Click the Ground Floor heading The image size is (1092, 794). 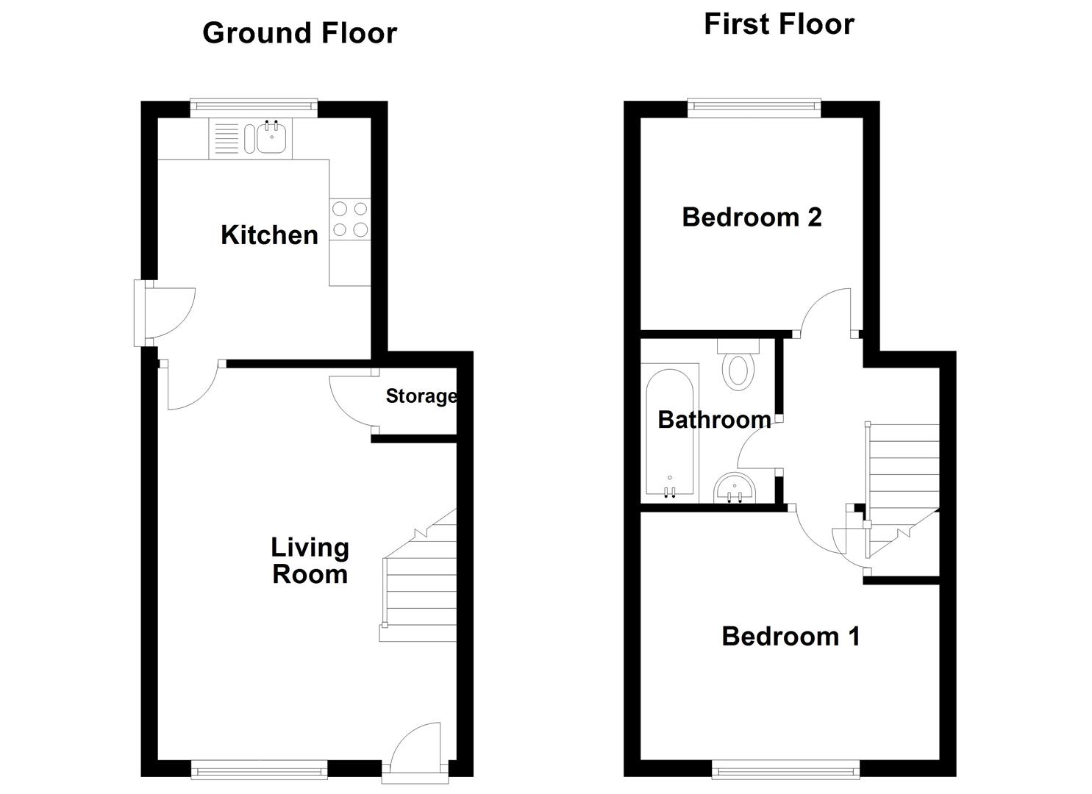point(299,33)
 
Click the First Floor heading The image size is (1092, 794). point(779,24)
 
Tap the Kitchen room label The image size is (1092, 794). point(269,235)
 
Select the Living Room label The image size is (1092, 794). point(310,560)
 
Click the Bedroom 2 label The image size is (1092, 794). point(752,217)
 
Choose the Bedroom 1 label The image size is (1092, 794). point(791,636)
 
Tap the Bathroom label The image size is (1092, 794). point(714,420)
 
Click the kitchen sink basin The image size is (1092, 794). point(271,138)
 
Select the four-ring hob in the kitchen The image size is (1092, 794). point(350,219)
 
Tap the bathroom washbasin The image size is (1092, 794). point(734,489)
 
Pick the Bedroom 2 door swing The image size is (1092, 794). point(827,311)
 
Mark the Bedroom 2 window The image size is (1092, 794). point(754,108)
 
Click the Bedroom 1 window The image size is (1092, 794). point(785,770)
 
